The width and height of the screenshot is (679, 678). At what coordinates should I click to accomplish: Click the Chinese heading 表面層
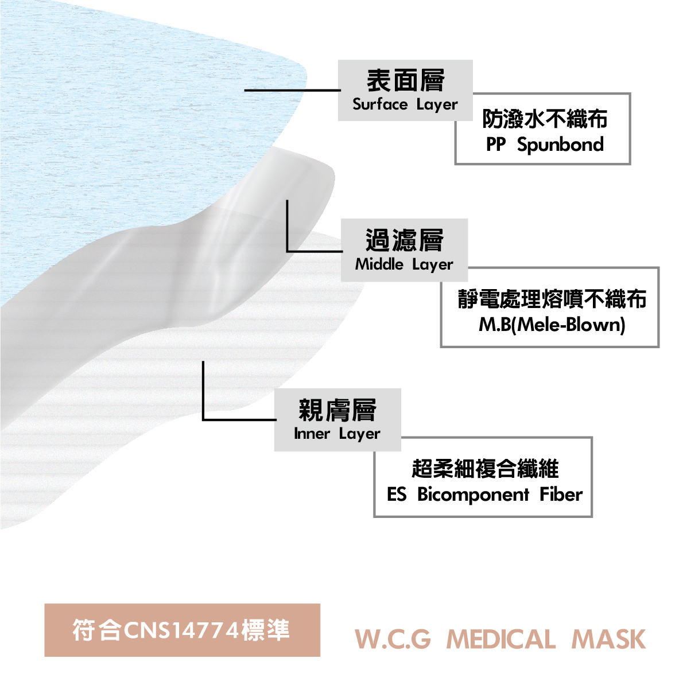point(405,80)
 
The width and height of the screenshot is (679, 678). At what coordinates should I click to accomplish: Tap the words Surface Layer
point(405,105)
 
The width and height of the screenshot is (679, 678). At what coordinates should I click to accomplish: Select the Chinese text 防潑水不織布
point(545,119)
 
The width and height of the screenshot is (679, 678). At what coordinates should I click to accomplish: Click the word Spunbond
point(560,145)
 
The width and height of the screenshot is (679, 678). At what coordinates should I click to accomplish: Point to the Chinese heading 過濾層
point(404,240)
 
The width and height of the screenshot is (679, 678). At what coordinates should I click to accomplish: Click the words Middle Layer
point(404,264)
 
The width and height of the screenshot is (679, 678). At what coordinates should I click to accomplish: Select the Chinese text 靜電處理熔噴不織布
point(552,299)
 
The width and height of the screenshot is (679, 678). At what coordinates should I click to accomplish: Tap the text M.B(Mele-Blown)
point(552,325)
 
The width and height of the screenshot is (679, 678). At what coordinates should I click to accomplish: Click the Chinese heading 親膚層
point(337,410)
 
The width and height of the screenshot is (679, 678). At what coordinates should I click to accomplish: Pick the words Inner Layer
point(337,434)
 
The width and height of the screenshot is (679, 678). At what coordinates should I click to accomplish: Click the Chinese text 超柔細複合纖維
point(485,469)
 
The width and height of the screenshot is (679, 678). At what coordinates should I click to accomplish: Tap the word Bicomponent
point(473,495)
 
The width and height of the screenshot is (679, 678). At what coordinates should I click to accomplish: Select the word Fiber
point(561,494)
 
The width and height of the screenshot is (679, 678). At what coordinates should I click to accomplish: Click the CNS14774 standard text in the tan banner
point(181,630)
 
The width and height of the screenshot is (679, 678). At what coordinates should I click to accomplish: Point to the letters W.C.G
point(393,640)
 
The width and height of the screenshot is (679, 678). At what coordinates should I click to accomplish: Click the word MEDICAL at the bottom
point(501,640)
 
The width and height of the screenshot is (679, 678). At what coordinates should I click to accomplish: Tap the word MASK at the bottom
point(609,640)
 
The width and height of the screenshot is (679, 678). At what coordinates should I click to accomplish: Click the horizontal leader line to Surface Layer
point(293,90)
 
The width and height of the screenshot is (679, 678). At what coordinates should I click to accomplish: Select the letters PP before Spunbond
point(496,145)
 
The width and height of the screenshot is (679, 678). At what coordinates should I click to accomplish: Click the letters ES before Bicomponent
point(397,494)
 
